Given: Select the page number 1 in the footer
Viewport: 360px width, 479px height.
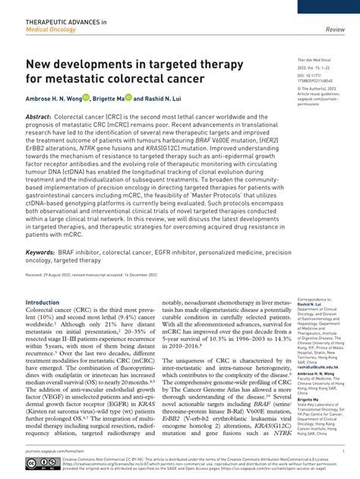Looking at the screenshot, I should pyautogui.click(x=344, y=449).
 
